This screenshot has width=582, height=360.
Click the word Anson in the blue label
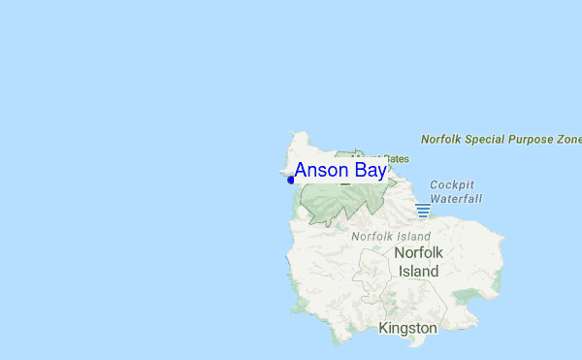322,171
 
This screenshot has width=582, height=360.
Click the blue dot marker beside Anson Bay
291,180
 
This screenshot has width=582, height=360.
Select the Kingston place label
408,329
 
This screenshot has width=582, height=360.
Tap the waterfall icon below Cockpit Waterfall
423,210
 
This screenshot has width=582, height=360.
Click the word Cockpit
453,184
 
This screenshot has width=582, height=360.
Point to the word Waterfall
456,198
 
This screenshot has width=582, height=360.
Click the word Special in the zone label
491,140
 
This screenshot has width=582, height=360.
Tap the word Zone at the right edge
570,140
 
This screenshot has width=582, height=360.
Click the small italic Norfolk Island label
390,236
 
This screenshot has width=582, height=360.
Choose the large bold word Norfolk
419,253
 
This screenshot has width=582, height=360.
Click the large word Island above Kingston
419,271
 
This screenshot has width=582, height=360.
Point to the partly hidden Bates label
398,158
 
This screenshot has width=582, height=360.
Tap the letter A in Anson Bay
302,171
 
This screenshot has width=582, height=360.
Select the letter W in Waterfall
436,198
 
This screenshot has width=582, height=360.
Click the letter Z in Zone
562,140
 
